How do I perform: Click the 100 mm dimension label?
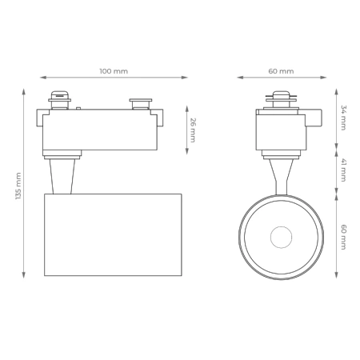tap(114, 71)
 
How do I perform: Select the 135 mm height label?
tap(18, 186)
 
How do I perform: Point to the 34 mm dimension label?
tap(343, 117)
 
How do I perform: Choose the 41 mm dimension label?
tap(343, 170)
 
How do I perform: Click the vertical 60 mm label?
tap(343, 238)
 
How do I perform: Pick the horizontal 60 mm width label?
tap(282, 71)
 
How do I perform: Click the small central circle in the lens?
tap(281, 237)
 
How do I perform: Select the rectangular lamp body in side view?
tap(113, 234)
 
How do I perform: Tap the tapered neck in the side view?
tap(62, 175)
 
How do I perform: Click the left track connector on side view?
tap(59, 102)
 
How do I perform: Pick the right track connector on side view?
tap(141, 103)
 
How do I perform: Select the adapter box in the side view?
tap(100, 130)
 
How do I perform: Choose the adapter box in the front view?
tap(281, 130)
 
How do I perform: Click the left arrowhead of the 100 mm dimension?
tap(42, 78)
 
